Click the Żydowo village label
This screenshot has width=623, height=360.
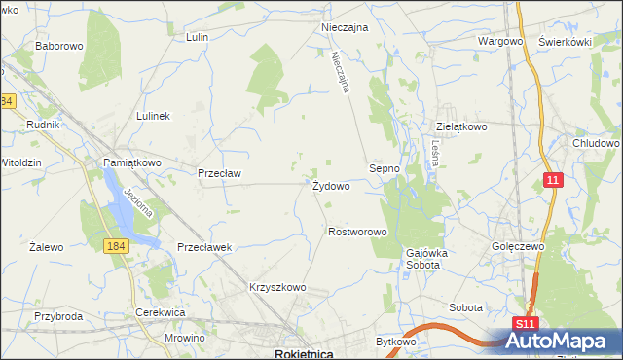331,186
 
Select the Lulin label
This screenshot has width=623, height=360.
199,37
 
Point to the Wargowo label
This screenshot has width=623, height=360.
501,42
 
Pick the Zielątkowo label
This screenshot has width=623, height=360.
460,126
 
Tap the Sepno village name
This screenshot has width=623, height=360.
385,168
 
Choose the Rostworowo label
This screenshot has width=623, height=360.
358,233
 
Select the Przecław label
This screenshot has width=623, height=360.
219,173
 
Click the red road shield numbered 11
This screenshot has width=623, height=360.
553,180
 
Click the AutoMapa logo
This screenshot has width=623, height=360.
563,342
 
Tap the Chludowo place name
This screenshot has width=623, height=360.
597,143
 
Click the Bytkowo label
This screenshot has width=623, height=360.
396,342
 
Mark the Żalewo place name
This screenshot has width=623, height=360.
47,247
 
